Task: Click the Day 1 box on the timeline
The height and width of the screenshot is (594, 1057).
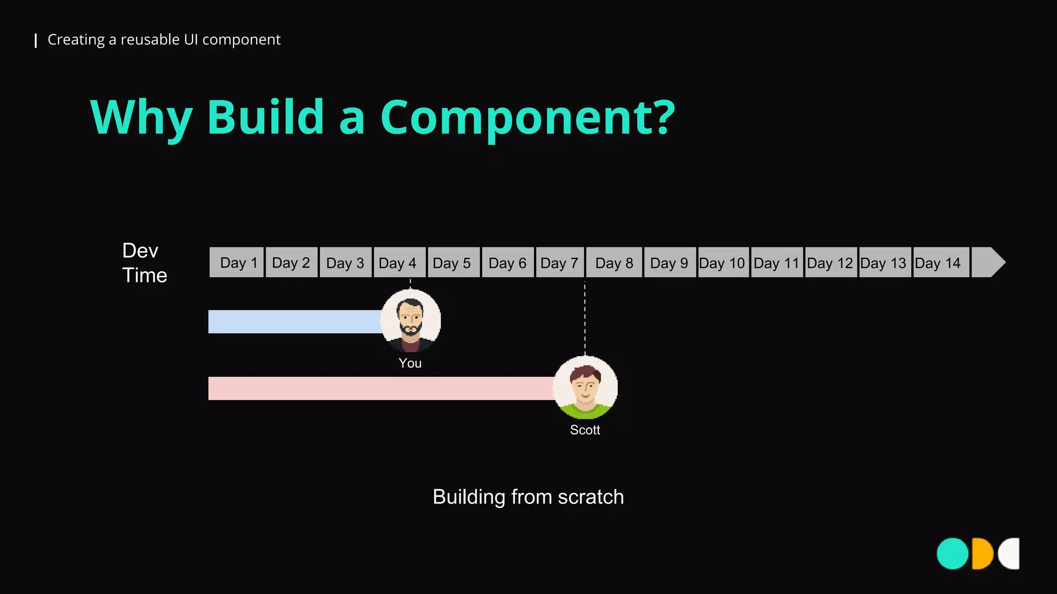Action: click(x=237, y=262)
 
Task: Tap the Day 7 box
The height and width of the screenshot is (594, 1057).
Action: click(x=560, y=262)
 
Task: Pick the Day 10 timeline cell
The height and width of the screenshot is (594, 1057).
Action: click(x=723, y=262)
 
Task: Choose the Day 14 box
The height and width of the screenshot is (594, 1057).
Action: click(x=941, y=262)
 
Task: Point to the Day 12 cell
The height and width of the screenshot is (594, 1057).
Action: click(x=830, y=262)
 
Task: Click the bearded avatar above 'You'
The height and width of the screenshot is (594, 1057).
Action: click(x=411, y=320)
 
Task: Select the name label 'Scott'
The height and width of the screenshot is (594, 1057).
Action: click(x=585, y=430)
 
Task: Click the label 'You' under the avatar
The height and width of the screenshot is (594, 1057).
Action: click(x=410, y=364)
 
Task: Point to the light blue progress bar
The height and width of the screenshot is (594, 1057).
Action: click(x=294, y=322)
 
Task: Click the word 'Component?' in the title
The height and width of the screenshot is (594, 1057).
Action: click(x=527, y=118)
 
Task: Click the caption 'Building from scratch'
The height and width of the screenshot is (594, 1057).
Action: click(x=528, y=497)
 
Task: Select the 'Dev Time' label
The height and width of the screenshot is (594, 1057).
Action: click(x=145, y=263)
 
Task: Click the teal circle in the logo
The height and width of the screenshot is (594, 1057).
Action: click(x=953, y=554)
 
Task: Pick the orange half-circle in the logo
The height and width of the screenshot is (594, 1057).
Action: click(x=982, y=554)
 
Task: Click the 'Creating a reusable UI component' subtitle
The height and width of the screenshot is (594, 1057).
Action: click(x=164, y=40)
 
